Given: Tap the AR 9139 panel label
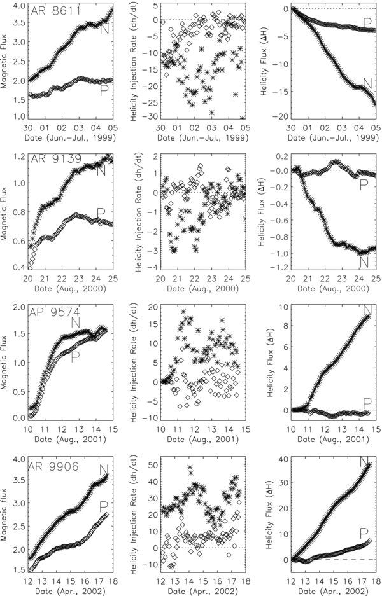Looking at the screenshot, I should point(54,160).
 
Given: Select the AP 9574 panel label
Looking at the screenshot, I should point(54,312).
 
